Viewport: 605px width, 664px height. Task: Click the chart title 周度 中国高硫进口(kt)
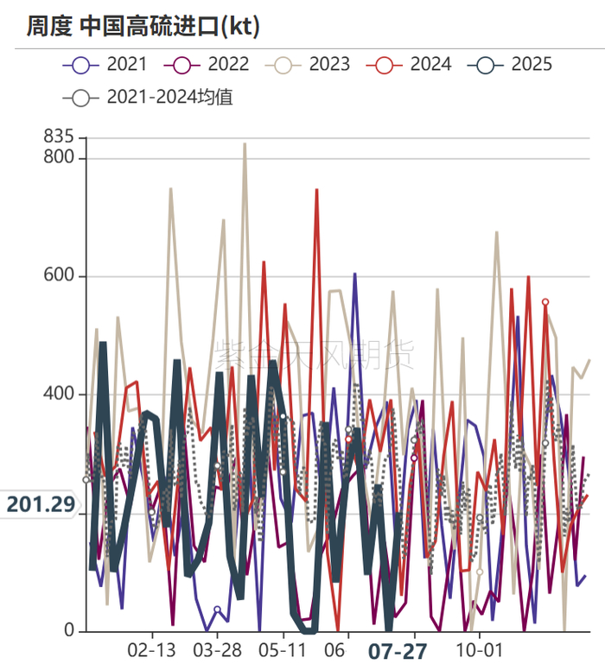(143, 27)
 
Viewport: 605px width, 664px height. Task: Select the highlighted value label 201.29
(41, 504)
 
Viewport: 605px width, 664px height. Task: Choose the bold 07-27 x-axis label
(398, 651)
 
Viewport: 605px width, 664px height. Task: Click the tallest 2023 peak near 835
(245, 144)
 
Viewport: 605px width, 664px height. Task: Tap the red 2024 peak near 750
(316, 190)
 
